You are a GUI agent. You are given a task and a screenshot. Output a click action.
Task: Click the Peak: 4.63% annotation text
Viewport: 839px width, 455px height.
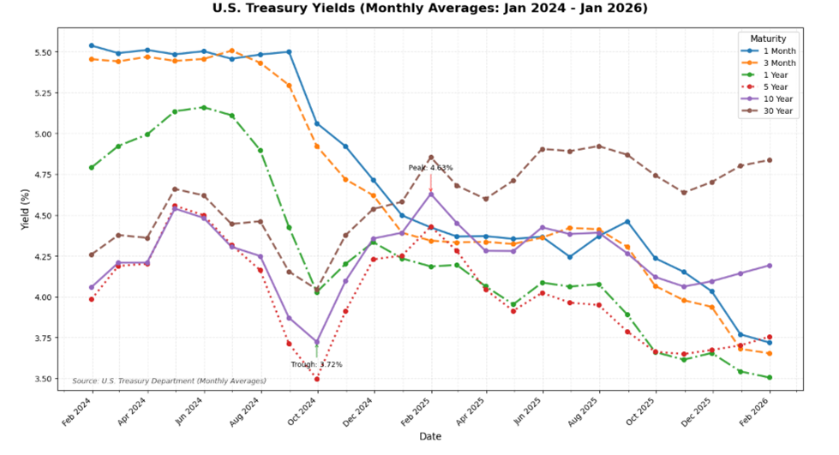click(x=430, y=168)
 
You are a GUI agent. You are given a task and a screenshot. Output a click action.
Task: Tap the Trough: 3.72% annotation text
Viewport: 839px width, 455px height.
click(x=316, y=365)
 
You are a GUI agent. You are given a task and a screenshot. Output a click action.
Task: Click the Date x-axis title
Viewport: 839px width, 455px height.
click(x=430, y=436)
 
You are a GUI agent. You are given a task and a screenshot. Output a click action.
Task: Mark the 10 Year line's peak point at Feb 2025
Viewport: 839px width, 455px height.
click(x=431, y=195)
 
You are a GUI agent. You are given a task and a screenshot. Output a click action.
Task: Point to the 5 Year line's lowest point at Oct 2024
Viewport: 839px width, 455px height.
click(x=317, y=379)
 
